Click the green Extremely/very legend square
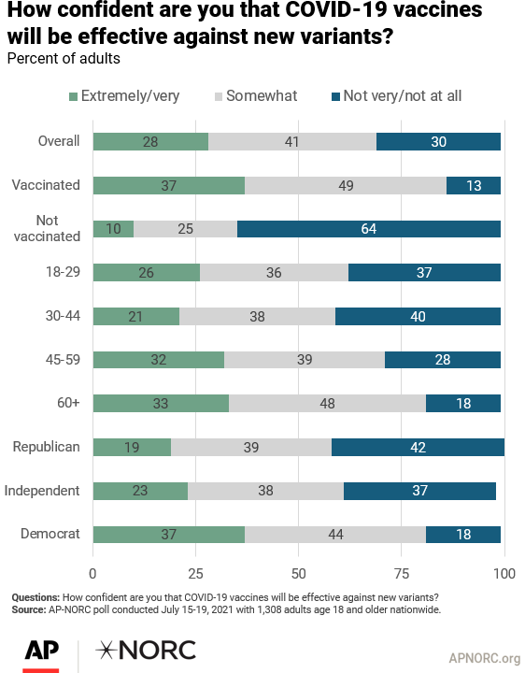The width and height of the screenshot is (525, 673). pyautogui.click(x=74, y=96)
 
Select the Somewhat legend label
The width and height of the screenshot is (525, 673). pyautogui.click(x=262, y=95)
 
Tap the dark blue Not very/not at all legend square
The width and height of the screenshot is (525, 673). pyautogui.click(x=336, y=96)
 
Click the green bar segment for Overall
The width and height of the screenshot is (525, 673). pyautogui.click(x=150, y=142)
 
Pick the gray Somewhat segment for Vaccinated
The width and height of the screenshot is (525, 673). pyautogui.click(x=346, y=185)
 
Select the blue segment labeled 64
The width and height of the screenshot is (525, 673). pyautogui.click(x=369, y=229)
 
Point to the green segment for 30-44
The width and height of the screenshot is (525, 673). pyautogui.click(x=136, y=316)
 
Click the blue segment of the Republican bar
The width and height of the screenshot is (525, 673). pyautogui.click(x=419, y=447)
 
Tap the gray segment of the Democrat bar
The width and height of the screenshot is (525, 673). pyautogui.click(x=335, y=535)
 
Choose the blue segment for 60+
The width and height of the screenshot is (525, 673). pyautogui.click(x=463, y=404)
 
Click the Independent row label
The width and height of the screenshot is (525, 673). pyautogui.click(x=42, y=491)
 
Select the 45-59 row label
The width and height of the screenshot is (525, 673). pyautogui.click(x=63, y=360)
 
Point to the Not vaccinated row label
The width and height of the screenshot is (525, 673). pyautogui.click(x=48, y=228)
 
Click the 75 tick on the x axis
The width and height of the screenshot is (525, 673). pyautogui.click(x=402, y=573)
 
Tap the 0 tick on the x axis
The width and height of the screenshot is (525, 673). pyautogui.click(x=92, y=573)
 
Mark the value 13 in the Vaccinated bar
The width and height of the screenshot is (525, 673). pyautogui.click(x=474, y=186)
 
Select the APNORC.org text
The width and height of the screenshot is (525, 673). pyautogui.click(x=485, y=658)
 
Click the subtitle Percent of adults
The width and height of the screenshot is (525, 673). pyautogui.click(x=64, y=58)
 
